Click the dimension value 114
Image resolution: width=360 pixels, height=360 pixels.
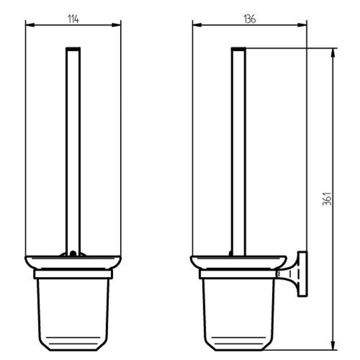point(73,19)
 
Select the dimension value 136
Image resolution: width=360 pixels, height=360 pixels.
point(249,19)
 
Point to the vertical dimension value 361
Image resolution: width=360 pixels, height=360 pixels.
point(327,199)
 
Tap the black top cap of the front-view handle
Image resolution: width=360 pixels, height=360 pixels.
point(73,49)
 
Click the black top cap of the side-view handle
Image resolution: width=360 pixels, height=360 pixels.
point(239,49)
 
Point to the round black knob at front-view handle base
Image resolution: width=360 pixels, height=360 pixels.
point(73,253)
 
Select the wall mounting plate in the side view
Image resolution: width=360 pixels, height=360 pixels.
point(302,274)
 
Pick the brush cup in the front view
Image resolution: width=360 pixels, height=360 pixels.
point(73,312)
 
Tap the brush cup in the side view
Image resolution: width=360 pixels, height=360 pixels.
point(239,312)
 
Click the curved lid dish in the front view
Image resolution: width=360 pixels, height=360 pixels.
point(73,262)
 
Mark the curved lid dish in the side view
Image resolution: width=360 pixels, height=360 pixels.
point(238,262)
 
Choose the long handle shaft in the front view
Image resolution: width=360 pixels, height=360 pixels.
point(73,152)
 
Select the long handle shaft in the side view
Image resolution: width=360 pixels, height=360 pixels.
point(239,152)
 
